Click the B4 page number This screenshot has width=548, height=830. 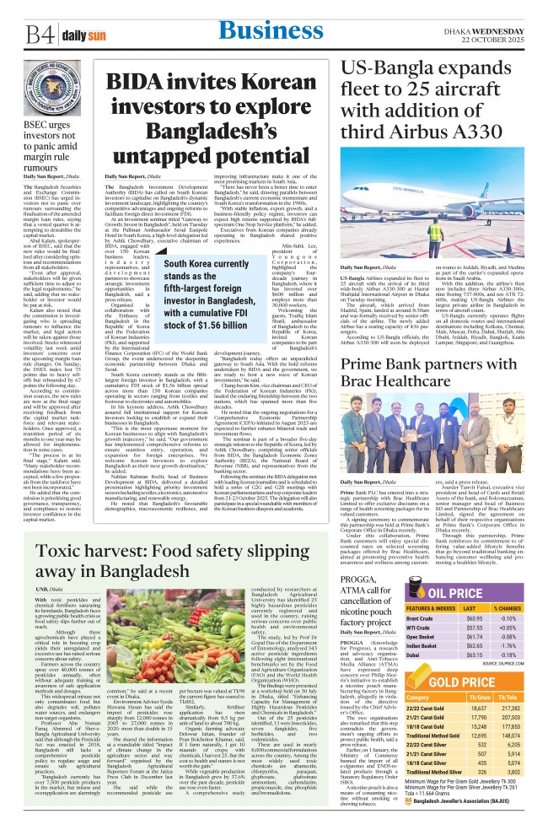(x=37, y=34)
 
